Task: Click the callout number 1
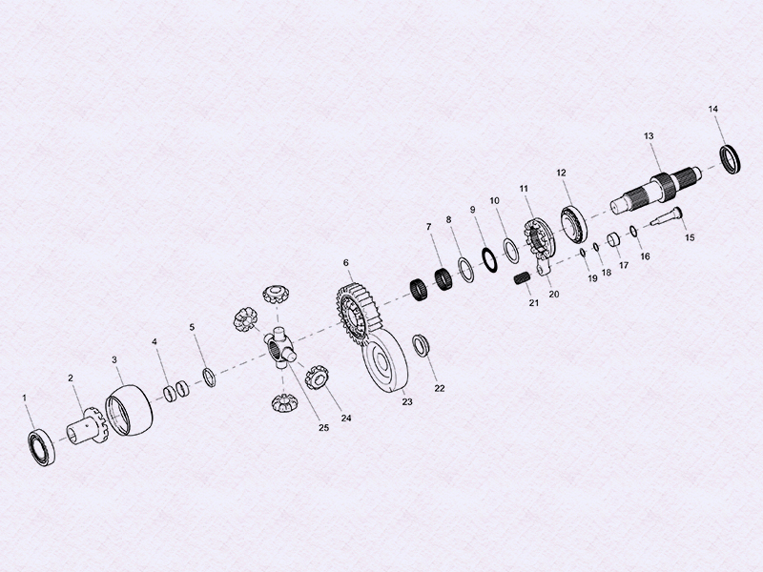coord(26,396)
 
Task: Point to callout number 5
coord(192,327)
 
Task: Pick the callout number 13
coord(649,136)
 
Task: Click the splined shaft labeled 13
coord(658,188)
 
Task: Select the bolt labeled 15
coord(668,217)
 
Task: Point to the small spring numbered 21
coord(522,278)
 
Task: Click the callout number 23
coord(407,403)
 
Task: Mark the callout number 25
coord(323,427)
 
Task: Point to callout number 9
coord(472,210)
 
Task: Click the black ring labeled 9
coord(487,257)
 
